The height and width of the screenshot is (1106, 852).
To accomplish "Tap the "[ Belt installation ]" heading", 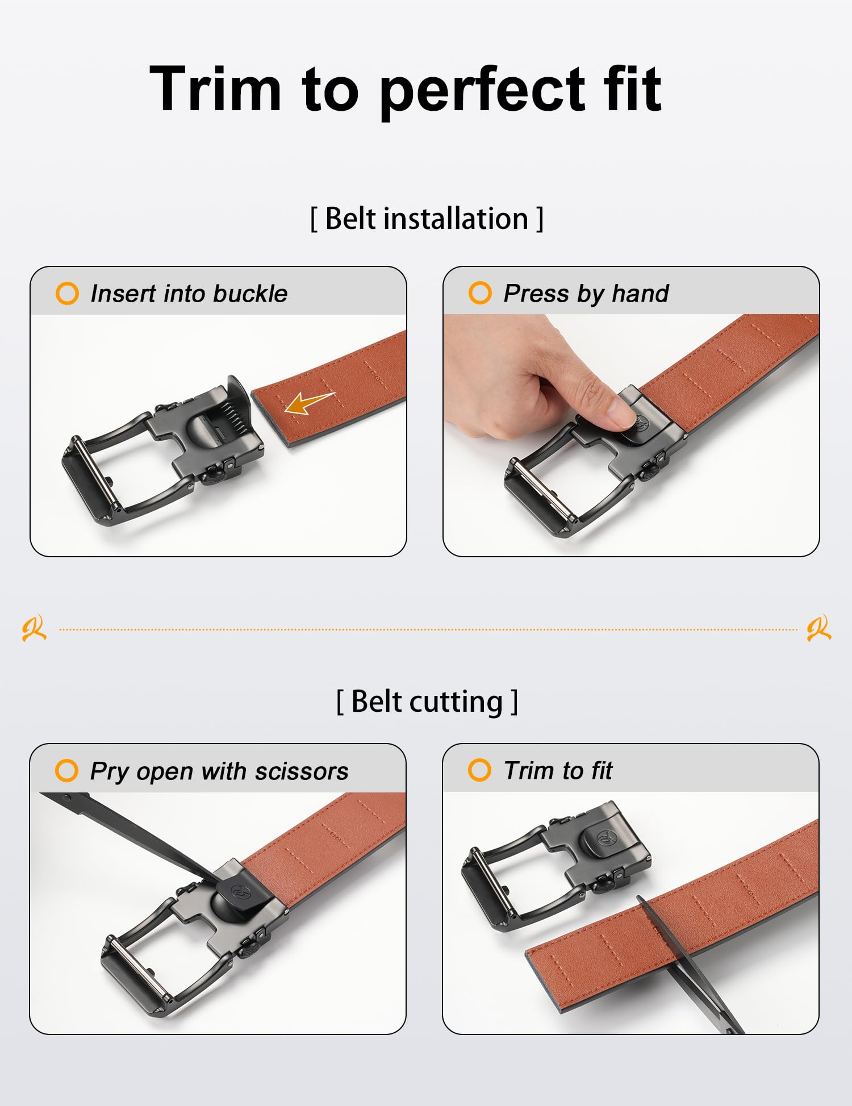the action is [x=427, y=219].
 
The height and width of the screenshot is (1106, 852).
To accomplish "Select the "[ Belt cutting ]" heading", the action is [x=427, y=702].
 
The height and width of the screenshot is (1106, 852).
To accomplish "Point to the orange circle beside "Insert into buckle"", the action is [x=67, y=294].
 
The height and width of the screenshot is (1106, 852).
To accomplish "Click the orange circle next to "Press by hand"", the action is [x=480, y=293].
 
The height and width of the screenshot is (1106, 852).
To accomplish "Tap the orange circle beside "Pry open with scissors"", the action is [x=66, y=771].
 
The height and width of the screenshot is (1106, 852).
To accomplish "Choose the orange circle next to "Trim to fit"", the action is [x=479, y=770].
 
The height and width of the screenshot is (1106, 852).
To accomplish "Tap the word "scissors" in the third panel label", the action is [x=302, y=771].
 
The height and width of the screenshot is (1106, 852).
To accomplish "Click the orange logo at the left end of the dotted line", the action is [x=34, y=628].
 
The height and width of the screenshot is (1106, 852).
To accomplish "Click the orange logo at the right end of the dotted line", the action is [x=819, y=628].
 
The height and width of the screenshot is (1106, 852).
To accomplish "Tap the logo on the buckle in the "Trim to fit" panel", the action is [x=607, y=837].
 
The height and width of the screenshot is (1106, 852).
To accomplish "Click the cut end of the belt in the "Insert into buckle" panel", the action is [x=272, y=419].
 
